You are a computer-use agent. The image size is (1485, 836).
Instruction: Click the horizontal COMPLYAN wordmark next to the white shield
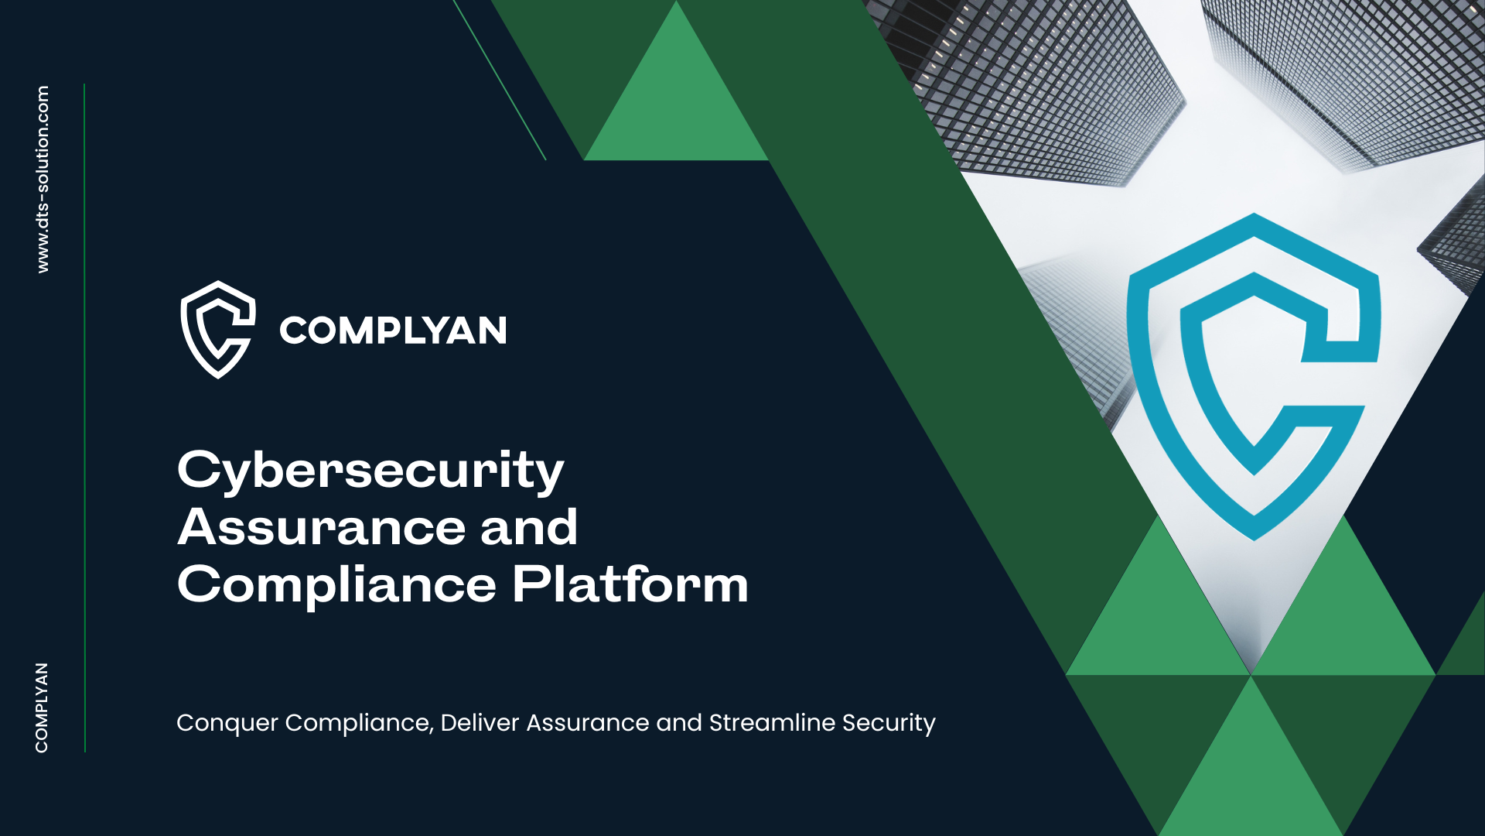tap(393, 331)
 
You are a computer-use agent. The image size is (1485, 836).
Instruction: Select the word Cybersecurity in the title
tap(370, 471)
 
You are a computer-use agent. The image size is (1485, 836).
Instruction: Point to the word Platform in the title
tap(630, 584)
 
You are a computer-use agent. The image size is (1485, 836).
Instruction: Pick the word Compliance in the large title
tap(336, 585)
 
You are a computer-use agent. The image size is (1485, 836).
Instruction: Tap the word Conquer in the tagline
tap(227, 723)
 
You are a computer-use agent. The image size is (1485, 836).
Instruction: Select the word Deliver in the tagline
tap(480, 722)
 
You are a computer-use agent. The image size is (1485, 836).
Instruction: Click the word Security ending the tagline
tap(889, 724)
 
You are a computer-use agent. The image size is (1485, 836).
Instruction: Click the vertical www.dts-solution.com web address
tap(43, 179)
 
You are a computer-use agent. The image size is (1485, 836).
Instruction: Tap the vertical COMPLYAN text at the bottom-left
tap(42, 708)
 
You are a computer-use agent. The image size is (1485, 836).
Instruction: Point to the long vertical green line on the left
tap(84, 418)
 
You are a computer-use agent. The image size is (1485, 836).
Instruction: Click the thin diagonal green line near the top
tap(500, 80)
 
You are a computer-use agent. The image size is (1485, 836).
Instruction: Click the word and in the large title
tap(529, 527)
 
